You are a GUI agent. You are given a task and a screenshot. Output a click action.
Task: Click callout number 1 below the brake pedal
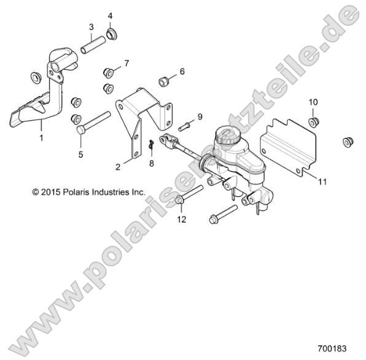click(42, 139)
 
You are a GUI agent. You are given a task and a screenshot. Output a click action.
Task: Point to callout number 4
click(110, 15)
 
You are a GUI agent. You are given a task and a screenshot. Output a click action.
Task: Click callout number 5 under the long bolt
click(80, 154)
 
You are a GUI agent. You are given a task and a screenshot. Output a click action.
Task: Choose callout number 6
click(182, 71)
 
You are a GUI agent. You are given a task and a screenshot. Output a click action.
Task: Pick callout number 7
click(127, 63)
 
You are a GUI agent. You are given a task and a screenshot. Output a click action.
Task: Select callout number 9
click(200, 116)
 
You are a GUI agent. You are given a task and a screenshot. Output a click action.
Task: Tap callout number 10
click(313, 101)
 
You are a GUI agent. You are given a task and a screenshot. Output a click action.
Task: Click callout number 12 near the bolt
click(181, 219)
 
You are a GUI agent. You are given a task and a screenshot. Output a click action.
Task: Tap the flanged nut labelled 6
click(164, 80)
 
